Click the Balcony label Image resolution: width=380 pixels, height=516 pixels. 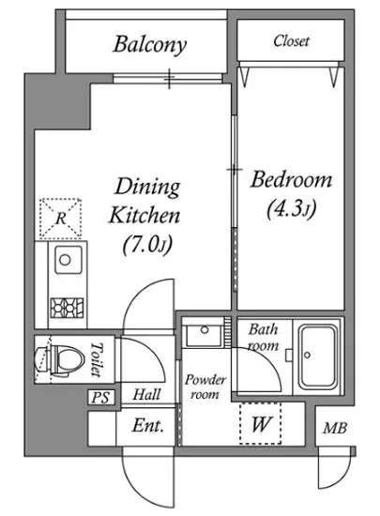coord(150,44)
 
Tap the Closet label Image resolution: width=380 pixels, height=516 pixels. coord(291,40)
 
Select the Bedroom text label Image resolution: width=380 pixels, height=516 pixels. coord(291,180)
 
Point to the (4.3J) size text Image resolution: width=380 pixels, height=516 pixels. coord(292,208)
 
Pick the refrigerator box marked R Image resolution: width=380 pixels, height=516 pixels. coord(61,219)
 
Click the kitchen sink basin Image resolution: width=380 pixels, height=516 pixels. coord(68,260)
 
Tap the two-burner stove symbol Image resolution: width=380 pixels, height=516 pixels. coord(67,308)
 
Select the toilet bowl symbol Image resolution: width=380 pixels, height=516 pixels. coord(59,360)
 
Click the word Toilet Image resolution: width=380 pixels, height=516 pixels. coord(97,359)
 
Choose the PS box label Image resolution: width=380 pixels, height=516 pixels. coord(100,398)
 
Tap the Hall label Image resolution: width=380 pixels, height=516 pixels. coord(146,394)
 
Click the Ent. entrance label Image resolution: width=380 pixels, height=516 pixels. coord(148,426)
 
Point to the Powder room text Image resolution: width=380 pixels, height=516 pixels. coord(205,387)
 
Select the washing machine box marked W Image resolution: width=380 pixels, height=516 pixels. coord(260,423)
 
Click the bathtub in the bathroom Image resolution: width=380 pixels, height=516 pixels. coord(318,356)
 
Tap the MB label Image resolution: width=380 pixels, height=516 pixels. coord(335,428)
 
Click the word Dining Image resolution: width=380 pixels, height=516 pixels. coord(147,188)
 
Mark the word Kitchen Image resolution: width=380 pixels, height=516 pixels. coord(144,216)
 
